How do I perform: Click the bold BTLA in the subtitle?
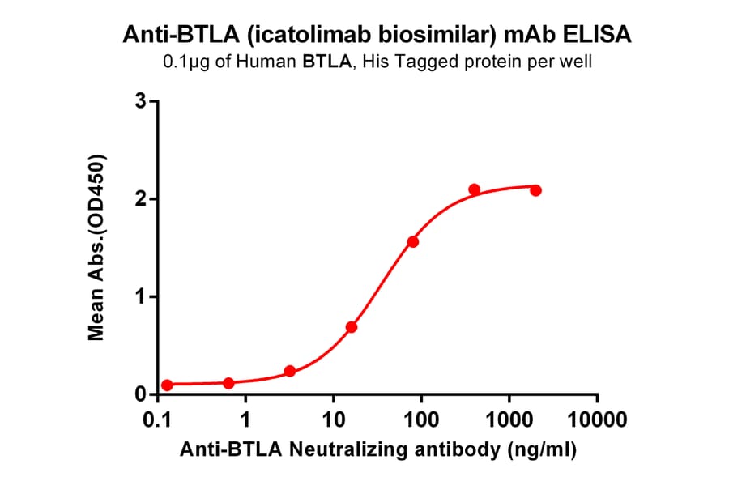[x=331, y=62]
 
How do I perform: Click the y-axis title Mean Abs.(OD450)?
[x=98, y=246]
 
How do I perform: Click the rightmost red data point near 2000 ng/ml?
[x=535, y=190]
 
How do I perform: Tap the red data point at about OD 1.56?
[x=413, y=242]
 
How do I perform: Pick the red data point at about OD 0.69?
[x=352, y=327]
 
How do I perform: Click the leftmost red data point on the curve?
[x=167, y=385]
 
